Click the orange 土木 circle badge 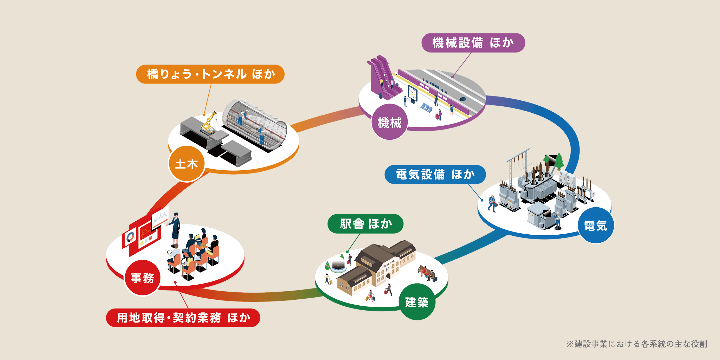click(x=187, y=164)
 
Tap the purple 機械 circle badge click(x=389, y=123)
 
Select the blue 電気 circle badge click(x=596, y=226)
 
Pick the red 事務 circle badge click(x=142, y=278)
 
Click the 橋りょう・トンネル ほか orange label click(x=210, y=74)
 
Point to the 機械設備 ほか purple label click(x=473, y=43)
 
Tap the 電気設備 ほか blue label click(x=435, y=175)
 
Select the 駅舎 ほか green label click(x=365, y=224)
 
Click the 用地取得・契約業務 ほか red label click(x=183, y=318)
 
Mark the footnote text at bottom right click(x=637, y=344)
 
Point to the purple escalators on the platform click(x=384, y=77)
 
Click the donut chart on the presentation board click(x=130, y=237)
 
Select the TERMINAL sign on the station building click(x=388, y=264)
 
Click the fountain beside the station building click(x=338, y=266)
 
